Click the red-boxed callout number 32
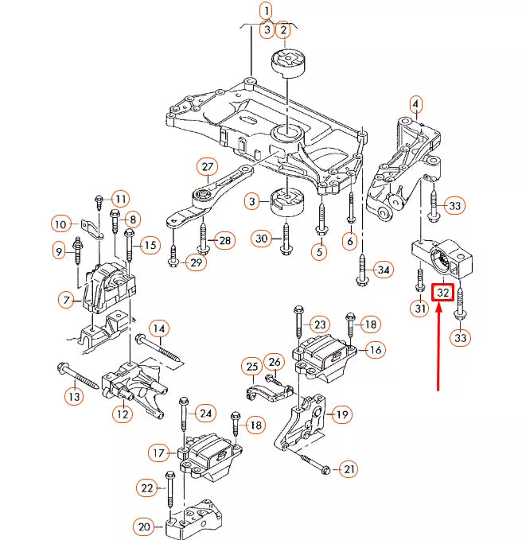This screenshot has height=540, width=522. point(442,292)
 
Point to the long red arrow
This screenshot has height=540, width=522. point(438,347)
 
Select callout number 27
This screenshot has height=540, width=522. point(208,167)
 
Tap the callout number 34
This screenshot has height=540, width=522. point(384,270)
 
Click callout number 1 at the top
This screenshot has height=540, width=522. point(267,11)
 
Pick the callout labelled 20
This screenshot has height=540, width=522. point(144,527)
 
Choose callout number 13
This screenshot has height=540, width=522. point(75,397)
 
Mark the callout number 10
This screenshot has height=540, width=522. point(60,224)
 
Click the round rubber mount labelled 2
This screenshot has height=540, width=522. point(288,64)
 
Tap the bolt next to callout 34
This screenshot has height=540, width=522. point(362,270)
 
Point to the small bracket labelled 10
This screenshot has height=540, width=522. point(92,229)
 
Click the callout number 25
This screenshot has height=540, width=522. point(252,367)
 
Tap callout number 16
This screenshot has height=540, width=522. point(375,350)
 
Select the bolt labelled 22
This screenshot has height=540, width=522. point(169,489)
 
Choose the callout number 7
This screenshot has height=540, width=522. point(66,301)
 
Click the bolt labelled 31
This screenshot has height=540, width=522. point(419,280)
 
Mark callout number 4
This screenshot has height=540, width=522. point(416,104)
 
